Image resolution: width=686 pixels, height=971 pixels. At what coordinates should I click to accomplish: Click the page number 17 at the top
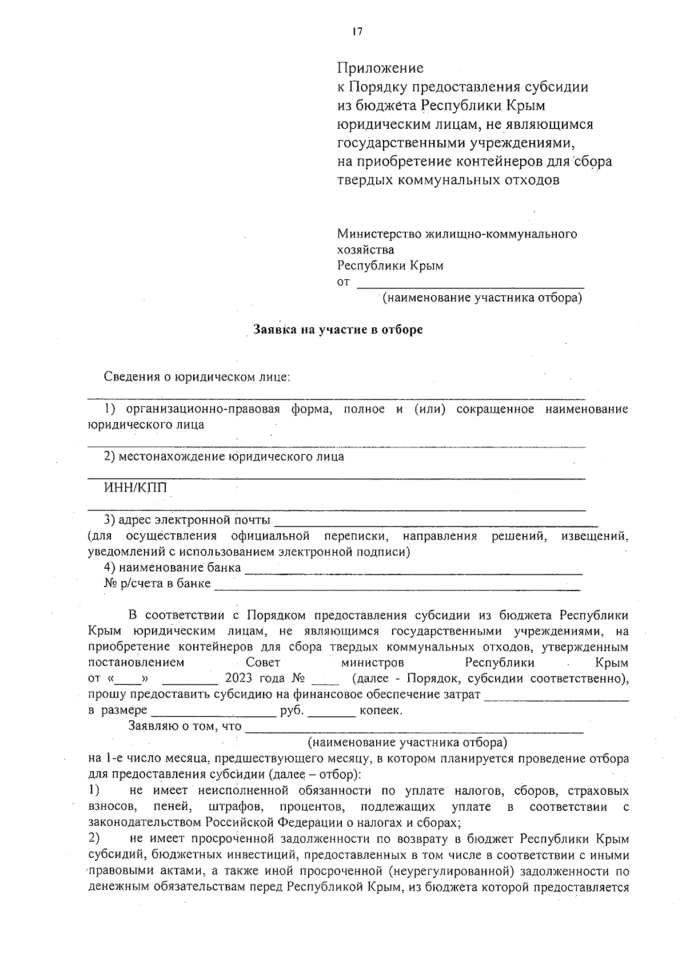click(357, 32)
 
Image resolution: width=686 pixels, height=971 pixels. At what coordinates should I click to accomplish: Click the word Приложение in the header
click(380, 68)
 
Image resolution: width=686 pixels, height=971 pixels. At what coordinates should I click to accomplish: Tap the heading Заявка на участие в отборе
click(338, 330)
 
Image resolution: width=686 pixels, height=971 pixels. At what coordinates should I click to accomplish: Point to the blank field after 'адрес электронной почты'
click(436, 521)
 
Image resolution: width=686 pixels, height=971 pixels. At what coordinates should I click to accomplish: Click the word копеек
click(380, 711)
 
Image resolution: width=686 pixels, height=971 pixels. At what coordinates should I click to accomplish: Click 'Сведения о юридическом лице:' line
click(197, 377)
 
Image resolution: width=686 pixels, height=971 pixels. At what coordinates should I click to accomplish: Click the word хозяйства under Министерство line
click(365, 250)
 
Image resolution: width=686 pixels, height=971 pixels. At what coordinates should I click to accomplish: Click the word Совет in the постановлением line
click(263, 663)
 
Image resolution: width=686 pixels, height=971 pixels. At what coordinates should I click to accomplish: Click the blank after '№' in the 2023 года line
click(325, 680)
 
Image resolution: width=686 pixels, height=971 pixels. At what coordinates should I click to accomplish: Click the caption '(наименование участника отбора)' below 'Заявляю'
click(407, 743)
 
